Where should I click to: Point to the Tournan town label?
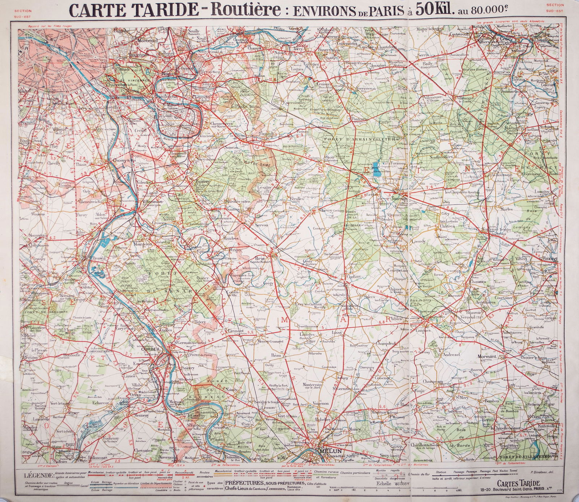point(399,199)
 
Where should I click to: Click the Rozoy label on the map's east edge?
point(549,259)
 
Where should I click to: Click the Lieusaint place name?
point(234,331)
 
